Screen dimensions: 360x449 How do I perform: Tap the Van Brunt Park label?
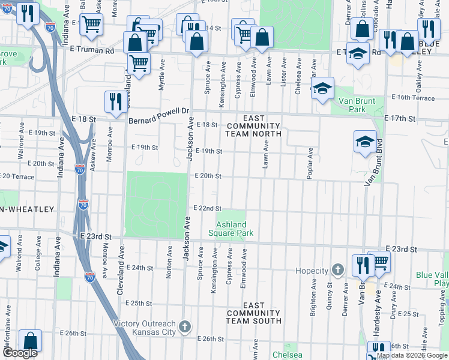[x=352, y=105]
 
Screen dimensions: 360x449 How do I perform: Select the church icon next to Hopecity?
[x=338, y=271]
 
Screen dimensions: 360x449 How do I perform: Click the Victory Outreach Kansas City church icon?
[x=185, y=327]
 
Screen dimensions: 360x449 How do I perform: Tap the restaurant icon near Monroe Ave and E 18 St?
[x=114, y=101]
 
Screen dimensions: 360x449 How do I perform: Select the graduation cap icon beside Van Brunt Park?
[x=322, y=88]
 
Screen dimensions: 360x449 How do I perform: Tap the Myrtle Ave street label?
[x=161, y=77]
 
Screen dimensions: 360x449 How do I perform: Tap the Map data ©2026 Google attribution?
[x=412, y=355]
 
